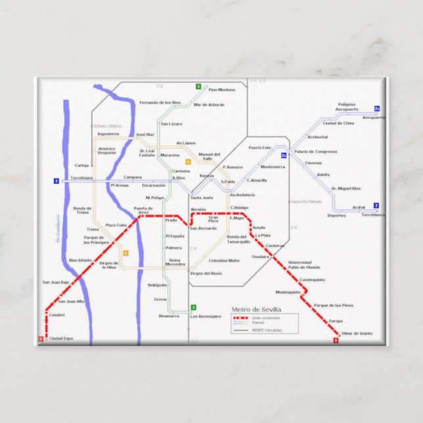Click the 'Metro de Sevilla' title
pyautogui.click(x=256, y=309)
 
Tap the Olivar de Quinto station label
pyautogui.click(x=357, y=334)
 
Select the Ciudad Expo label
pyautogui.click(x=61, y=338)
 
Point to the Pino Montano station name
pyautogui.click(x=221, y=89)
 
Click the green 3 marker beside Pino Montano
pyautogui.click(x=198, y=87)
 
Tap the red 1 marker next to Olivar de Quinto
pyautogui.click(x=336, y=340)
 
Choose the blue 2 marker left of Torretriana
pyautogui.click(x=56, y=181)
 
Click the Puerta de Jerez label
pyautogui.click(x=143, y=210)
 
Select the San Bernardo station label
pyautogui.click(x=203, y=228)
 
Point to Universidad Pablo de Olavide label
pyautogui.click(x=304, y=265)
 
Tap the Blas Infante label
pyautogui.click(x=80, y=260)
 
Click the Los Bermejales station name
pyautogui.click(x=206, y=316)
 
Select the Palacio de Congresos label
pyautogui.click(x=316, y=152)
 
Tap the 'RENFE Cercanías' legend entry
pyautogui.click(x=267, y=330)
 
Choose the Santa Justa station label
pyautogui.click(x=202, y=197)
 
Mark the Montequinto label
pyautogui.click(x=288, y=292)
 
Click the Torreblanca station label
pyautogui.click(x=372, y=215)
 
